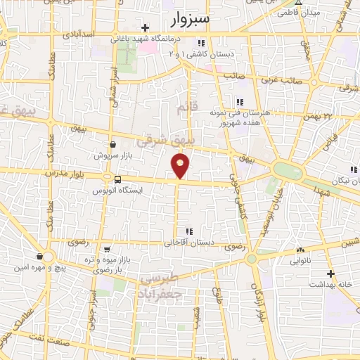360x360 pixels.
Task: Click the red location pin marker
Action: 181,165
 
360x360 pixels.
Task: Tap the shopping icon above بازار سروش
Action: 112,144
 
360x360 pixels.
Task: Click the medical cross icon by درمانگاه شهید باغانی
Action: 145,28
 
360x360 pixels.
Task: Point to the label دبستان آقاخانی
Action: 188,243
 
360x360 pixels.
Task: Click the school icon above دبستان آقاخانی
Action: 188,231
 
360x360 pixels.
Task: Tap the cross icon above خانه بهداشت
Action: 332,274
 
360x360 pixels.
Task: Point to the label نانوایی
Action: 302,261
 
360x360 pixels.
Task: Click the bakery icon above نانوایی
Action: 302,250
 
